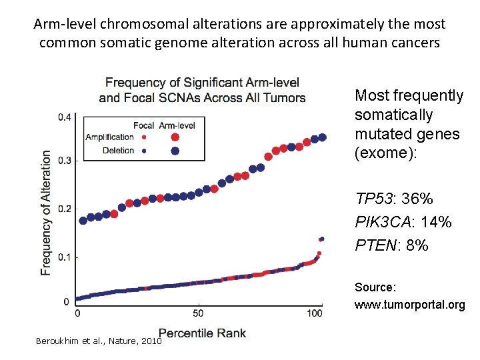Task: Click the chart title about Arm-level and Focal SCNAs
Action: tap(202, 90)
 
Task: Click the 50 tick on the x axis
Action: tap(198, 313)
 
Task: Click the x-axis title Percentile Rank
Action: tap(202, 333)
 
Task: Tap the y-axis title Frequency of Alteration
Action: tap(46, 212)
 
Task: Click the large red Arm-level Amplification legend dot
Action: tap(175, 137)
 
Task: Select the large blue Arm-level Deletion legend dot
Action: tap(175, 151)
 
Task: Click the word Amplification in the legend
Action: tap(109, 137)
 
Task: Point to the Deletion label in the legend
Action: tap(118, 151)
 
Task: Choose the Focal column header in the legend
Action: tap(143, 125)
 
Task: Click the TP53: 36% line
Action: tap(394, 199)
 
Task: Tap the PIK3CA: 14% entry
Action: tap(403, 222)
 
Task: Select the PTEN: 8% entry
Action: tap(391, 245)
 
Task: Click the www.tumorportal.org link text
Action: tap(409, 305)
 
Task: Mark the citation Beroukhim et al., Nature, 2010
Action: tap(99, 341)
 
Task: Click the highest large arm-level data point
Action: tap(323, 137)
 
